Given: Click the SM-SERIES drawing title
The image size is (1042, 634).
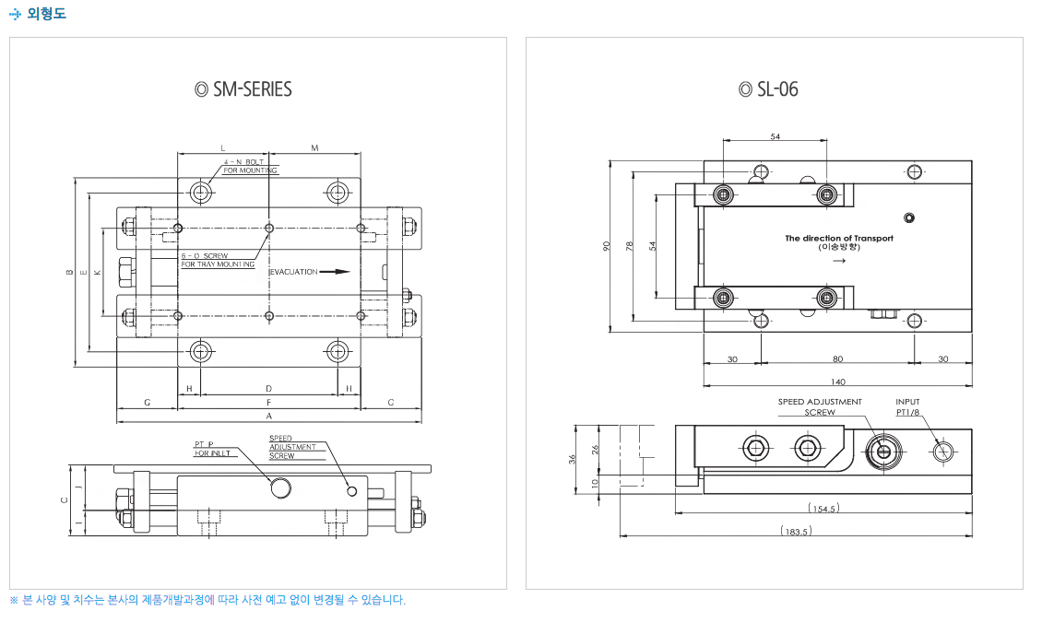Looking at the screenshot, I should pyautogui.click(x=244, y=89).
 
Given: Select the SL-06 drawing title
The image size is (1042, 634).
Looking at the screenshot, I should pyautogui.click(x=769, y=89).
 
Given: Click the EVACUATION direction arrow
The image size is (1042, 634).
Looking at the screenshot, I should pyautogui.click(x=341, y=272).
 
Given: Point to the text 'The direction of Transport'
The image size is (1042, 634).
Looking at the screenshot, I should pyautogui.click(x=839, y=238).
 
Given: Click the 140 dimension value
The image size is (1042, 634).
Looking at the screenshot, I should pyautogui.click(x=837, y=382).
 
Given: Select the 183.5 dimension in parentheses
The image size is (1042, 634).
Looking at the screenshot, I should pyautogui.click(x=794, y=531).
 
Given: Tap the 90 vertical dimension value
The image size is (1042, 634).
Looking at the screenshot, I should pyautogui.click(x=607, y=246).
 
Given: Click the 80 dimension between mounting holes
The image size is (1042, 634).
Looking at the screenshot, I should pyautogui.click(x=837, y=358).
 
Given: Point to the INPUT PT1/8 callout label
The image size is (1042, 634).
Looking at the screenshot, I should pyautogui.click(x=908, y=407).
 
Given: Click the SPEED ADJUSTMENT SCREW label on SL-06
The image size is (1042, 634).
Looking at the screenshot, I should pyautogui.click(x=820, y=407).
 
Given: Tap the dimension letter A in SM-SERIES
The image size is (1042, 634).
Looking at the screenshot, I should pyautogui.click(x=268, y=417).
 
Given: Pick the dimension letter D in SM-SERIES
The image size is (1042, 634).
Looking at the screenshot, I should pyautogui.click(x=268, y=389).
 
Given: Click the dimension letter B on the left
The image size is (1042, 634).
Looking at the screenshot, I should pyautogui.click(x=70, y=273).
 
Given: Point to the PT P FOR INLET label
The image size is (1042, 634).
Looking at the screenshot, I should pyautogui.click(x=213, y=448).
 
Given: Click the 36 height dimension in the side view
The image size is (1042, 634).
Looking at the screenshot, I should pyautogui.click(x=572, y=458).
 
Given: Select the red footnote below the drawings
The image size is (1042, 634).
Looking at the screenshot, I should pyautogui.click(x=207, y=600).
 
